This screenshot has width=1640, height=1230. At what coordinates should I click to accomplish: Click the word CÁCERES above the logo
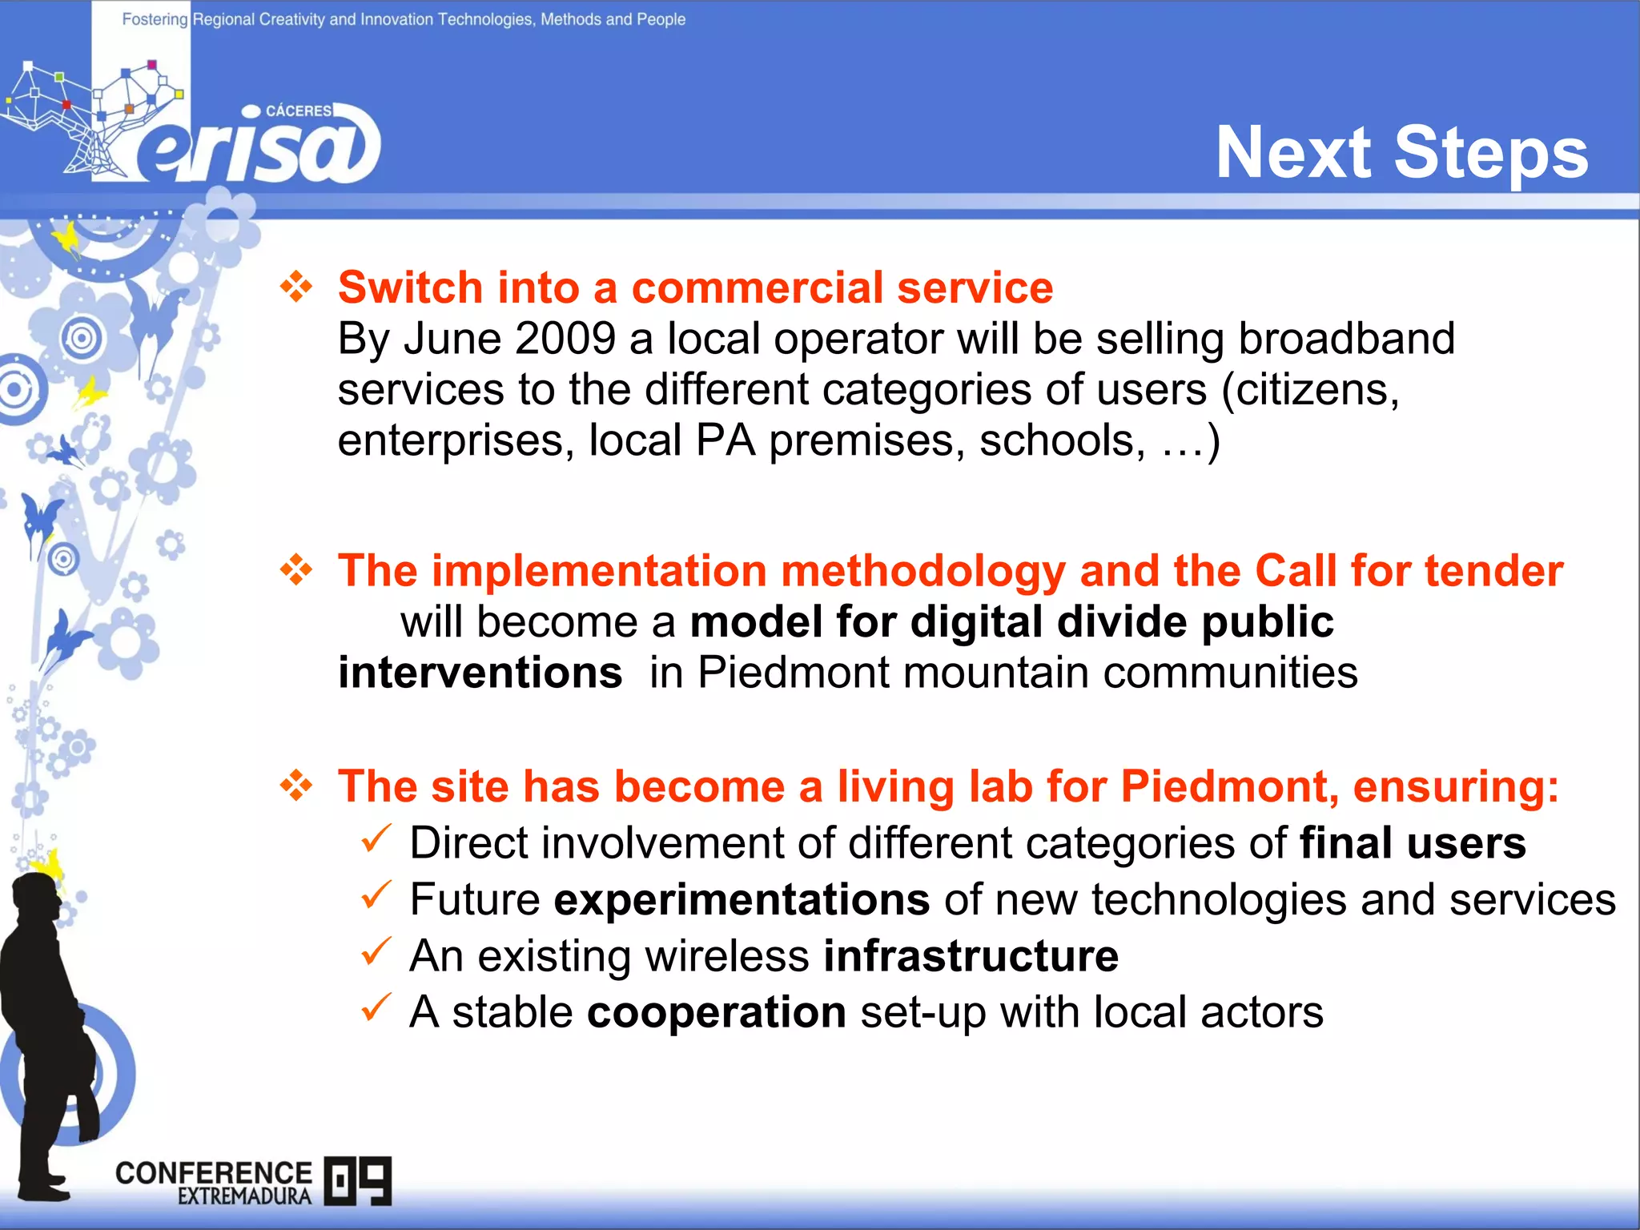tap(298, 111)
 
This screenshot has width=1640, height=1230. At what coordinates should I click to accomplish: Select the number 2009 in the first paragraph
tap(565, 338)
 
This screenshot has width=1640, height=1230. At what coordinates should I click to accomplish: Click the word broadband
tap(1346, 338)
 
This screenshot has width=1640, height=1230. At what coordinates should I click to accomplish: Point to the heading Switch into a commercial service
tap(695, 287)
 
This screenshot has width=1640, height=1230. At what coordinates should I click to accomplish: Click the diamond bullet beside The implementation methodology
tap(296, 570)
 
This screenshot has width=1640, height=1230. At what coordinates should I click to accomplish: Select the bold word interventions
tap(480, 672)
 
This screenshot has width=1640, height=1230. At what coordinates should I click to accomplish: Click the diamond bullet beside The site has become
tap(296, 786)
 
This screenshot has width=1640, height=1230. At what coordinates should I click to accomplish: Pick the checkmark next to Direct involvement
tap(376, 839)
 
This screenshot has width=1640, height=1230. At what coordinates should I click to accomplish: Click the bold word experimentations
tap(742, 899)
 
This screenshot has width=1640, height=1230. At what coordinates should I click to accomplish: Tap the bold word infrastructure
tap(971, 955)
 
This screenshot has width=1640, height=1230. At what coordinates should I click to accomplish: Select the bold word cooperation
tap(717, 1012)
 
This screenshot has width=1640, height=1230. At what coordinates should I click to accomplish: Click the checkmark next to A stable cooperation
tap(376, 1007)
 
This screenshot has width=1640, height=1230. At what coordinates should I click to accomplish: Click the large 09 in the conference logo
tap(358, 1180)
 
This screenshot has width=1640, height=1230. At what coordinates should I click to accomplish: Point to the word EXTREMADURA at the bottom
tap(244, 1196)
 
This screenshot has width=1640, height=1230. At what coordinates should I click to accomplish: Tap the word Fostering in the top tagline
tap(155, 19)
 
